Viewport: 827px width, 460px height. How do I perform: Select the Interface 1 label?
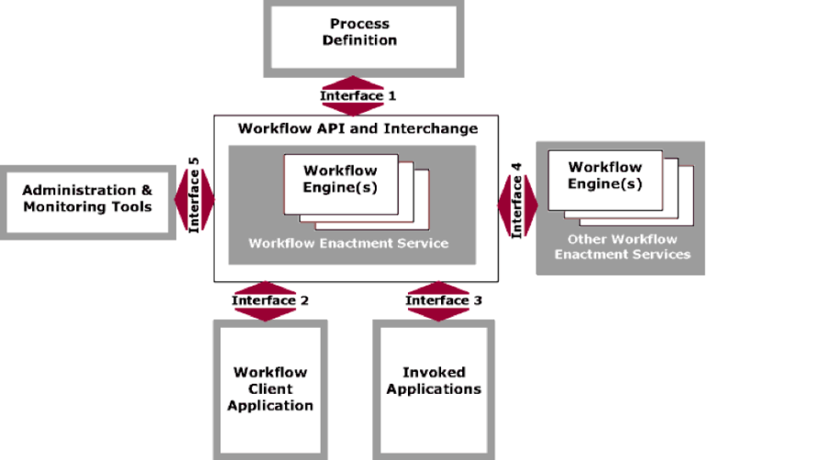(x=357, y=95)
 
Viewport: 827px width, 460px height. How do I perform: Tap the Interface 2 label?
(x=269, y=300)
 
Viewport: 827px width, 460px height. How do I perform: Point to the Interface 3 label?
(x=443, y=300)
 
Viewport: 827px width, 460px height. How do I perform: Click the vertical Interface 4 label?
(x=516, y=201)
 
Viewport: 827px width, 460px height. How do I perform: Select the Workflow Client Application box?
(x=270, y=388)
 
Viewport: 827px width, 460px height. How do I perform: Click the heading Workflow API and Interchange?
(x=357, y=129)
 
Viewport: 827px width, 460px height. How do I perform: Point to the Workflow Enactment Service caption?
(x=348, y=243)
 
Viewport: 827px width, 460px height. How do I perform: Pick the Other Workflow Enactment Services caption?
(x=622, y=247)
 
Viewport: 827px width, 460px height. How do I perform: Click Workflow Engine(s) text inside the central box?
(x=340, y=179)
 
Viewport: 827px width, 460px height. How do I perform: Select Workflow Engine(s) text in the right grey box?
(x=605, y=175)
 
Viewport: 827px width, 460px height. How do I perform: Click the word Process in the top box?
(x=360, y=24)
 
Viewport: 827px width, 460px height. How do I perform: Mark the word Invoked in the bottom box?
(x=434, y=373)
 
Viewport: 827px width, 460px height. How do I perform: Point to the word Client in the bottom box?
(x=270, y=389)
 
